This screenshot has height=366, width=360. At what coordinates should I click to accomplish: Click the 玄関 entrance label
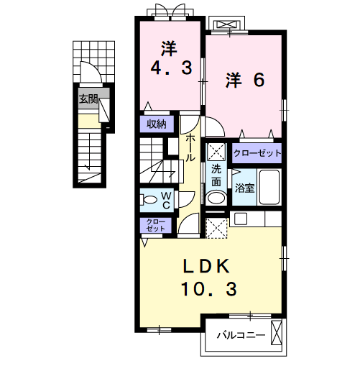coord(88,99)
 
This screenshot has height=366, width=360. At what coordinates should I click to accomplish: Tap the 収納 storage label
coord(157,123)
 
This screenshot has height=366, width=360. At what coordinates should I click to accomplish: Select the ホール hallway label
coord(190,148)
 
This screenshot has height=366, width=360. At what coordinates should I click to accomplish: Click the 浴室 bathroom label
coord(244,188)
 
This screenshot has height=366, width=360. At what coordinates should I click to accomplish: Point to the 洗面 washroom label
coord(216,175)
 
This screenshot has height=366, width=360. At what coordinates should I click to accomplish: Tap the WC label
coord(165,199)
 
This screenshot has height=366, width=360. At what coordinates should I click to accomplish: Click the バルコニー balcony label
coord(241,335)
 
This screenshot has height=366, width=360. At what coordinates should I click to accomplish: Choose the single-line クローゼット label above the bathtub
coord(257,152)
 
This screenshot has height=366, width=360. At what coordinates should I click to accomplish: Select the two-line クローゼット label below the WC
coord(155,224)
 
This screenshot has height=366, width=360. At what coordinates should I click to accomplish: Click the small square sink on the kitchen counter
coord(239,218)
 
